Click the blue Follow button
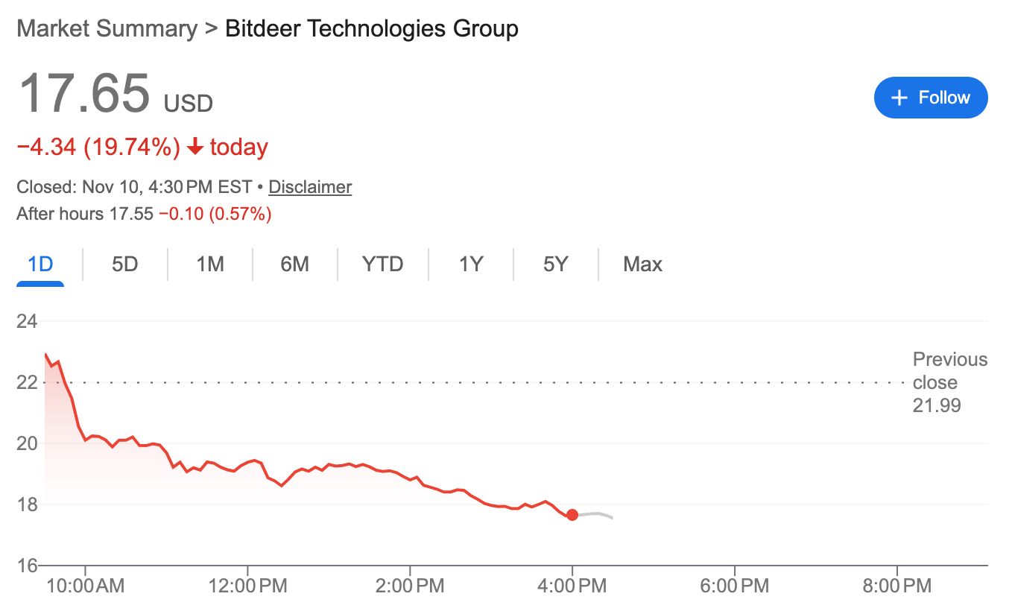click(930, 98)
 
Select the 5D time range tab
click(125, 265)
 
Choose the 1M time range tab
click(210, 265)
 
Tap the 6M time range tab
click(295, 265)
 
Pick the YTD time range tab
click(382, 265)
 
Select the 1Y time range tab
click(471, 265)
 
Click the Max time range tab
click(642, 265)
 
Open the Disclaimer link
click(310, 187)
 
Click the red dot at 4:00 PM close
click(572, 515)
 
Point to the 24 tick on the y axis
click(27, 322)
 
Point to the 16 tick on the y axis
click(27, 566)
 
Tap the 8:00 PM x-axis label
click(897, 586)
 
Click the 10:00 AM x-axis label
click(85, 586)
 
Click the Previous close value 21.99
click(937, 406)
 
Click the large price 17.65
click(83, 95)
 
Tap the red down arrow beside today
click(195, 148)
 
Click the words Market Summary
click(107, 29)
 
